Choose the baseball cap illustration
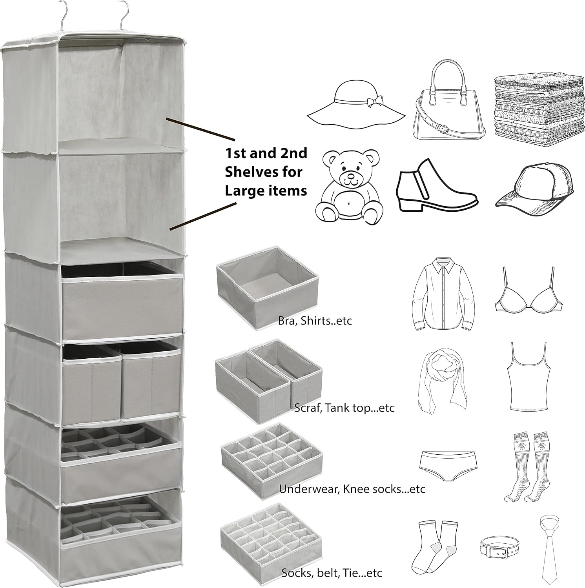point(534,185)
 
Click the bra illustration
point(524,290)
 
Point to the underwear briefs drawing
point(447,466)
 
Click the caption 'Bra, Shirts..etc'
point(315,321)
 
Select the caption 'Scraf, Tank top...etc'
point(344,408)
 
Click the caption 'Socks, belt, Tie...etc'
point(332,573)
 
